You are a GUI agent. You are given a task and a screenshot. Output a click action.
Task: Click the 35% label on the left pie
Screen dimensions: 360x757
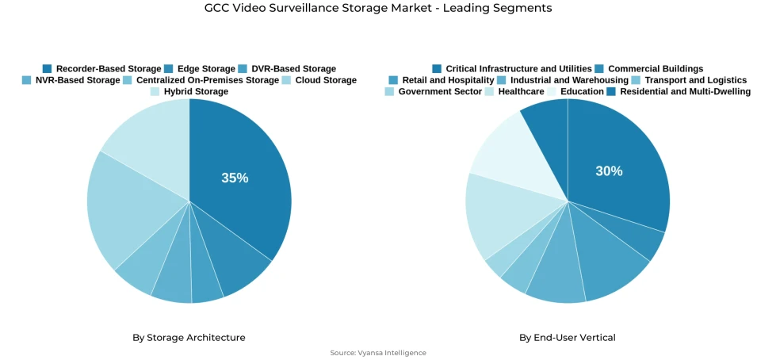235,178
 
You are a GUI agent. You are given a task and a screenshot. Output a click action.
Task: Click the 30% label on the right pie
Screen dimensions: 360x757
609,171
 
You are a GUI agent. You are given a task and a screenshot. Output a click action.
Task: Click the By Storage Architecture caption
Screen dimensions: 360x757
189,338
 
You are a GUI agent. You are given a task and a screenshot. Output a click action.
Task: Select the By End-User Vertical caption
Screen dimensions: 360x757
568,338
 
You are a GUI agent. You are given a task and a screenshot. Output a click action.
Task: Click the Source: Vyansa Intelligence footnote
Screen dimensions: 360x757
378,353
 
